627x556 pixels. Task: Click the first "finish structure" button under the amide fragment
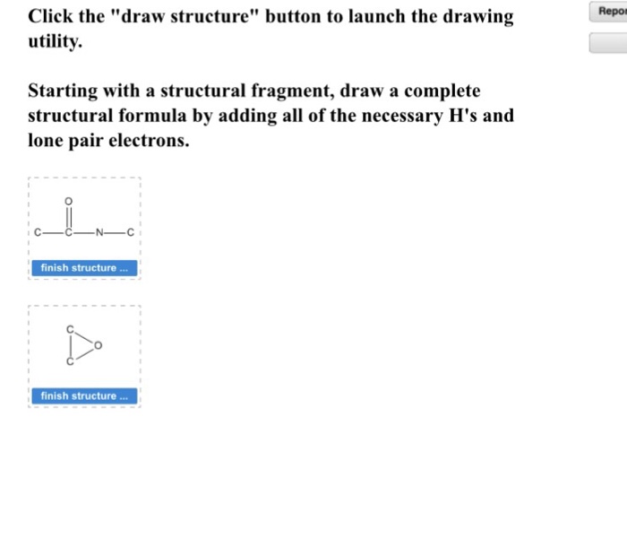[85, 267]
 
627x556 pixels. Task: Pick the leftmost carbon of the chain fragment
[38, 236]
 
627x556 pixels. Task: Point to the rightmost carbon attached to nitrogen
[131, 236]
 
